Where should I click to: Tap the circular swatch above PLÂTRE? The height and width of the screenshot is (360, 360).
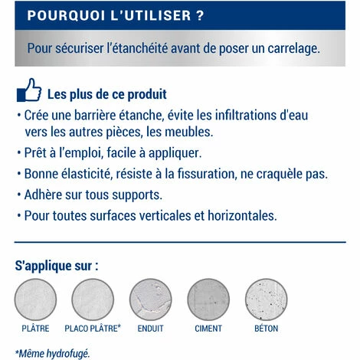tap(35, 299)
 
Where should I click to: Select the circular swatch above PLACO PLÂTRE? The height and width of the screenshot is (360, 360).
tap(93, 299)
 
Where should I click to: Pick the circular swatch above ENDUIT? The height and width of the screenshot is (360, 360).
tap(150, 299)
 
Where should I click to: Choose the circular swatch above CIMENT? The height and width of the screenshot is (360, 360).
tap(208, 299)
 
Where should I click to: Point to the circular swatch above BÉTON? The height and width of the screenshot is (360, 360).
tap(266, 299)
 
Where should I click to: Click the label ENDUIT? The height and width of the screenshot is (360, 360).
tap(150, 329)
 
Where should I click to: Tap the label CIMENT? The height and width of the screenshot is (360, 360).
tap(208, 329)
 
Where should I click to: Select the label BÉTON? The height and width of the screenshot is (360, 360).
tap(266, 329)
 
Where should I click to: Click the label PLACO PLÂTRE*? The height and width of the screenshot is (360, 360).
tap(93, 329)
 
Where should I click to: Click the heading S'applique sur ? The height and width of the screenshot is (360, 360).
tap(57, 267)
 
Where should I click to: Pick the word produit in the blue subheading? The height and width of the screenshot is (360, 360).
tap(145, 95)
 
